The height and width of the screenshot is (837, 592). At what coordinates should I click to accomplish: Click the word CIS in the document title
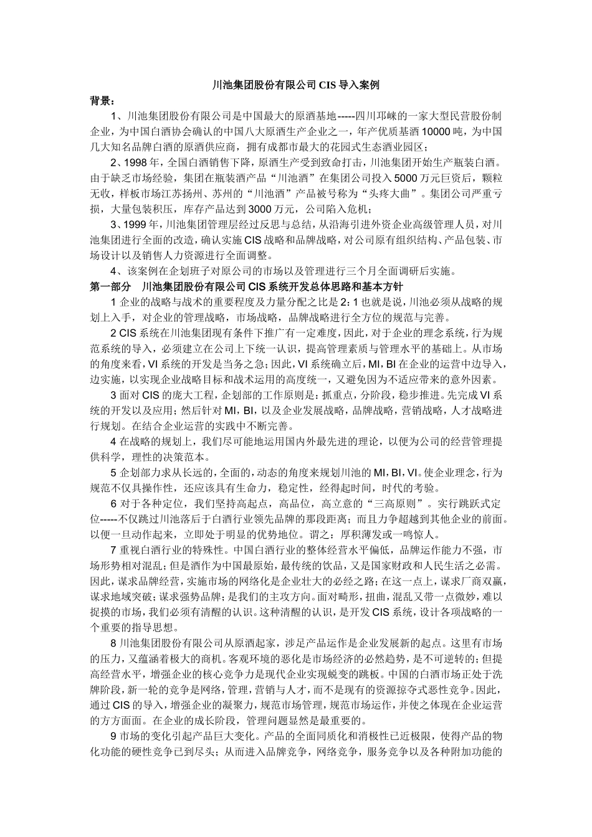pyautogui.click(x=329, y=85)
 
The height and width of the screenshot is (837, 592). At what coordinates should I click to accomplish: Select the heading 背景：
pyautogui.click(x=102, y=100)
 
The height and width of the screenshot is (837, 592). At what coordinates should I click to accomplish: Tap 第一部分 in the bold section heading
pyautogui.click(x=110, y=286)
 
